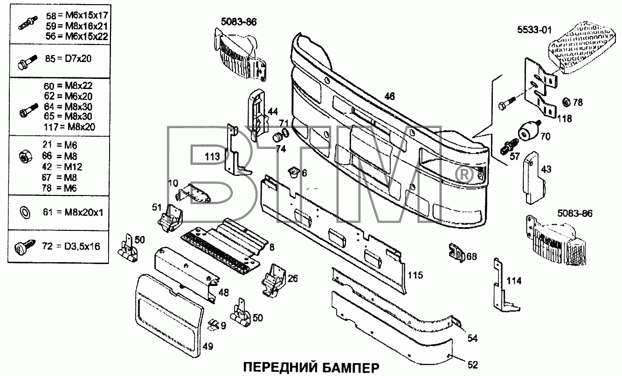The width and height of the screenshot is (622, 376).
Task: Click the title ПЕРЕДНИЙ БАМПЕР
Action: (x=311, y=368)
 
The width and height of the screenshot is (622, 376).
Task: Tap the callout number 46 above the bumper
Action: (x=390, y=96)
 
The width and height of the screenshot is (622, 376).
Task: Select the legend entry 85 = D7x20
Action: (x=69, y=59)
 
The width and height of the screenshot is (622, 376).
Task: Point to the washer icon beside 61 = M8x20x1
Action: (x=25, y=213)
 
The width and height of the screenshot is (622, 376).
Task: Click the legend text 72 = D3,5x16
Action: (x=71, y=246)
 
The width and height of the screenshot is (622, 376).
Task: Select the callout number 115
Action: (x=415, y=275)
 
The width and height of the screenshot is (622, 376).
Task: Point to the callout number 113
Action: (x=212, y=156)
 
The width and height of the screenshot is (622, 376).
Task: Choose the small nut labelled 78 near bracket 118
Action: (x=565, y=102)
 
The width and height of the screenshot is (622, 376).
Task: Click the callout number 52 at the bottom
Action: (x=472, y=365)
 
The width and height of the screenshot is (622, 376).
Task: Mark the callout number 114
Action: (x=514, y=281)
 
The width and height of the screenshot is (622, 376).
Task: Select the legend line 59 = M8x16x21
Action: (x=76, y=26)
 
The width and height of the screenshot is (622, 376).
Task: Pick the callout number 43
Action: (x=546, y=169)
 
